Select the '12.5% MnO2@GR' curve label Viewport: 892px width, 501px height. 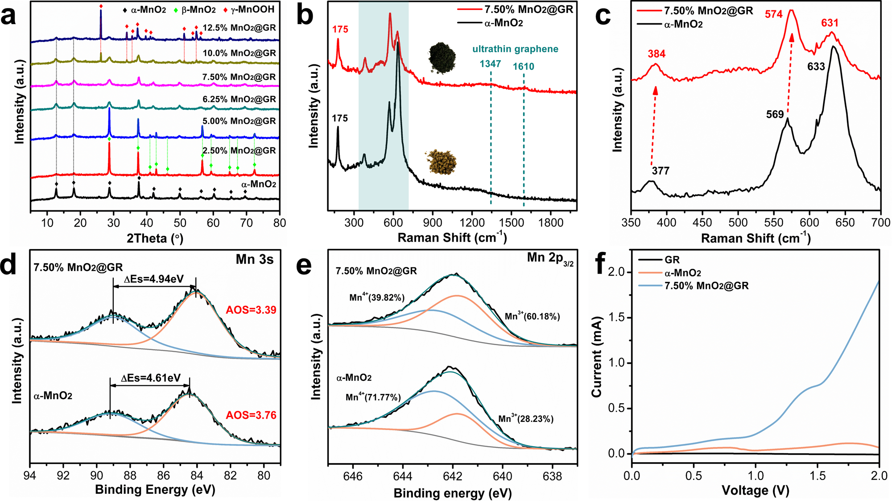pos(239,28)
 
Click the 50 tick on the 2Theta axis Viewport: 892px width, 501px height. pos(180,223)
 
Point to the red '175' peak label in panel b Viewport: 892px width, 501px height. pos(340,29)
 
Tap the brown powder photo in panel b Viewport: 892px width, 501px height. pos(442,162)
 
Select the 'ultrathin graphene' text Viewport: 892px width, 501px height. pos(515,49)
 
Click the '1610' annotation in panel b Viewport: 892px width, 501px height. pos(523,67)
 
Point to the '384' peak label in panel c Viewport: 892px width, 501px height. pos(657,54)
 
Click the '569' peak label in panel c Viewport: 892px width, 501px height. pos(775,115)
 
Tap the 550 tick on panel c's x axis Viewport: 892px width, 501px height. pos(773,223)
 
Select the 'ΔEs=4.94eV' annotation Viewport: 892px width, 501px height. pos(154,279)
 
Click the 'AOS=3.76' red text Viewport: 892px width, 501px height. pos(251,415)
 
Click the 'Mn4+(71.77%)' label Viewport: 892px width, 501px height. pos(373,397)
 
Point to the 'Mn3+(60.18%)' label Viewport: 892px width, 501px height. pos(532,317)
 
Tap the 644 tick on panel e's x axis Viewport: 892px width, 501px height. pos(403,476)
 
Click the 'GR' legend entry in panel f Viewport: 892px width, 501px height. pos(672,260)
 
